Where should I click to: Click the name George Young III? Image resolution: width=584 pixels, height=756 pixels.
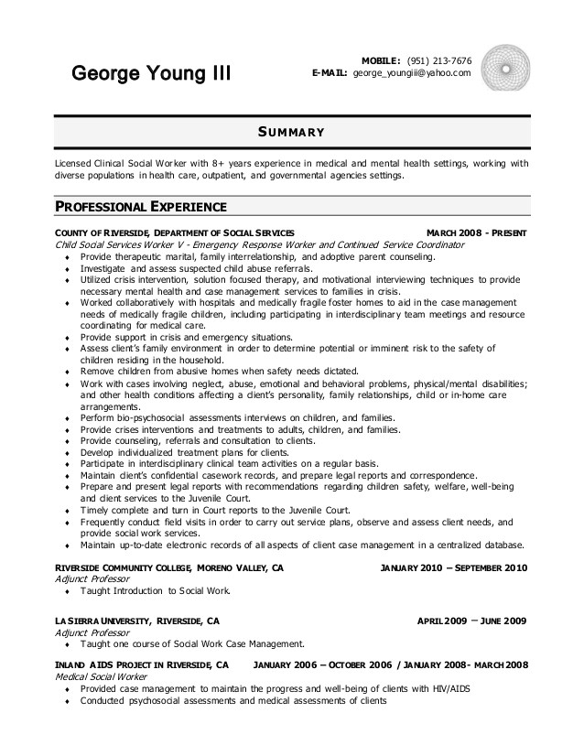coord(152,72)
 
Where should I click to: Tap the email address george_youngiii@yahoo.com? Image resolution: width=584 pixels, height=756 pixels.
coord(412,72)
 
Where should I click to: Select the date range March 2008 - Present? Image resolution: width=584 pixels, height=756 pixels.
coord(476,233)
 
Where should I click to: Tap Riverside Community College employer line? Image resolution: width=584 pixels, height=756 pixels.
coord(169,568)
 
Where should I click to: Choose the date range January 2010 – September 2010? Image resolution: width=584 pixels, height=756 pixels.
coord(453,568)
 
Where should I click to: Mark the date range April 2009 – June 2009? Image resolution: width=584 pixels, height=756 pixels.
coord(471,621)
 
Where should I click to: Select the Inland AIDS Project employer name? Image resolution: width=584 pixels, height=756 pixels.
coord(142,664)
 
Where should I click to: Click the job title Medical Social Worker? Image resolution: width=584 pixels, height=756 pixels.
coord(98,676)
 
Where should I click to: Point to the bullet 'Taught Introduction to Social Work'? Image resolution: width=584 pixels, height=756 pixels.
coord(156,591)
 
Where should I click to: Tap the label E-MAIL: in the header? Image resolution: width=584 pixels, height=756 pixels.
coord(330,72)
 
